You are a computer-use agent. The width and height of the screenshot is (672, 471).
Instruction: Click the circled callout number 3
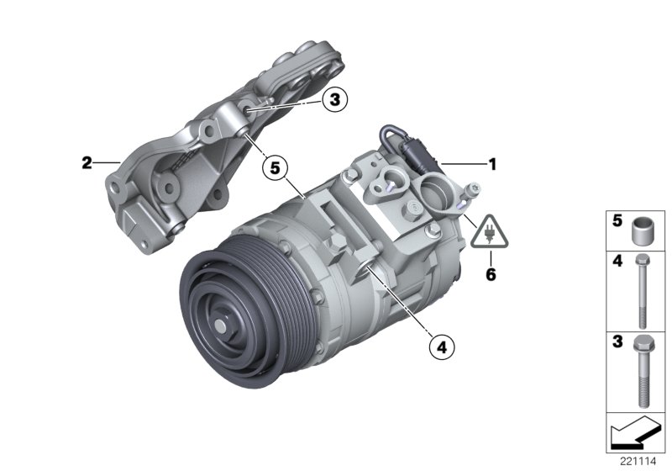click(333, 101)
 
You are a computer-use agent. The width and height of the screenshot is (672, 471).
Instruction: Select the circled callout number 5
click(273, 167)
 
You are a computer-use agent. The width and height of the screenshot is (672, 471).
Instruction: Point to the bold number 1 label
click(493, 165)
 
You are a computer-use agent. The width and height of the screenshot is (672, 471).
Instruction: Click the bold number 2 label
click(87, 164)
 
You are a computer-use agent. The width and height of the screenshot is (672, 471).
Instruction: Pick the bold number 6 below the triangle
click(490, 274)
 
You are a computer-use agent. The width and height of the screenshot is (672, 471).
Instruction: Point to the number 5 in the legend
click(616, 223)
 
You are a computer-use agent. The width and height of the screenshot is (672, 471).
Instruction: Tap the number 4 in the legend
click(616, 262)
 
